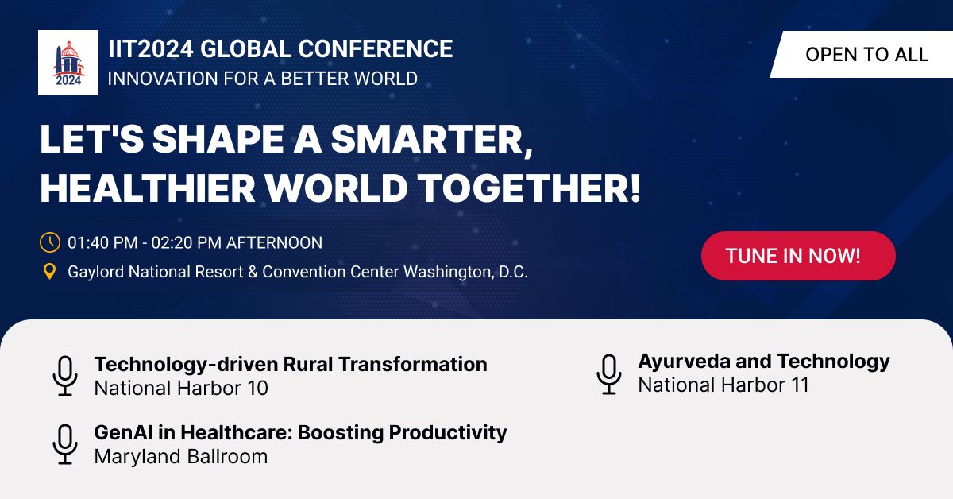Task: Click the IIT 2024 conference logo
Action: (x=68, y=62)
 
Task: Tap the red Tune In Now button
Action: (x=798, y=256)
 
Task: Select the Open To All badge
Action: (x=866, y=54)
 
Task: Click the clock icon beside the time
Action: (x=49, y=242)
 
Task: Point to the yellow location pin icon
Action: (x=49, y=272)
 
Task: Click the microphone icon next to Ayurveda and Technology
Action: (x=609, y=373)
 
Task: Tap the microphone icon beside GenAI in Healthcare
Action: (x=65, y=444)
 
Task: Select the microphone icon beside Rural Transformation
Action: (x=65, y=376)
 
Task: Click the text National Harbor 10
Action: (x=181, y=389)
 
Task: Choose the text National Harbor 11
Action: (x=723, y=385)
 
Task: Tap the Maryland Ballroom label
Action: (x=181, y=457)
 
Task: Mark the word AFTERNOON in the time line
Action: (x=274, y=242)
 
